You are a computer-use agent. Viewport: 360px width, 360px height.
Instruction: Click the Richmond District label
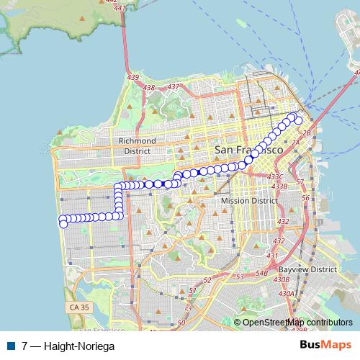coord(138,145)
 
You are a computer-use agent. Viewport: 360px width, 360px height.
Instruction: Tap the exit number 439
coord(132,77)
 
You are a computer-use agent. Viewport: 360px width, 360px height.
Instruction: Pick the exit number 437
coord(172,87)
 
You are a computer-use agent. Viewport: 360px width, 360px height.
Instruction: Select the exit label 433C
coord(275,176)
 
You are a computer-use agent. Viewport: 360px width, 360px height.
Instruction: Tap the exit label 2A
coord(295,143)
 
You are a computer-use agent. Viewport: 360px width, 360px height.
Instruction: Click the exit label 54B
coord(261,274)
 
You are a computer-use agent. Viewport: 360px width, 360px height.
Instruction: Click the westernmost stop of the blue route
coord(63,223)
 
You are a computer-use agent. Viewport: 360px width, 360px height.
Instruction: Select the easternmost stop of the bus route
coord(299,120)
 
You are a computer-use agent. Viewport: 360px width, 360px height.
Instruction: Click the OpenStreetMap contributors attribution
coord(297,323)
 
